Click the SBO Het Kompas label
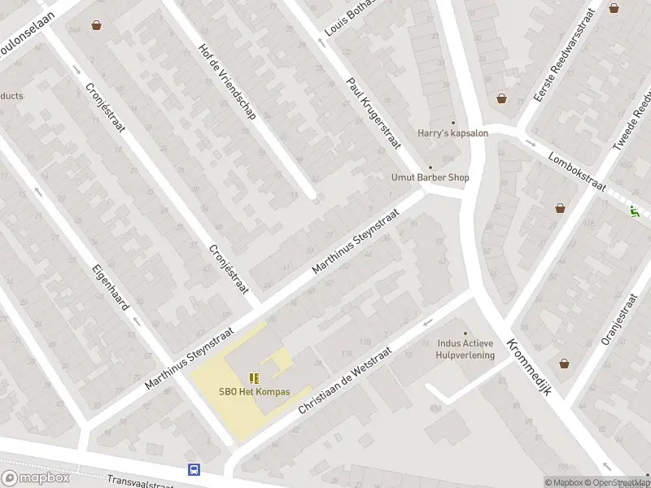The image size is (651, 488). point(254,391)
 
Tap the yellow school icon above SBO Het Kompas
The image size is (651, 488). point(254,377)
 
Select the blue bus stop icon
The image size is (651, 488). point(194,469)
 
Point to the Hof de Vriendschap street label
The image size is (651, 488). point(227,81)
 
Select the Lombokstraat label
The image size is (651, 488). point(577,170)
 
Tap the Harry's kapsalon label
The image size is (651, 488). point(452,133)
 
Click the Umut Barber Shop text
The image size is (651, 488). point(430,177)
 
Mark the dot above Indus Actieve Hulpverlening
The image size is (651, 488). point(465,333)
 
